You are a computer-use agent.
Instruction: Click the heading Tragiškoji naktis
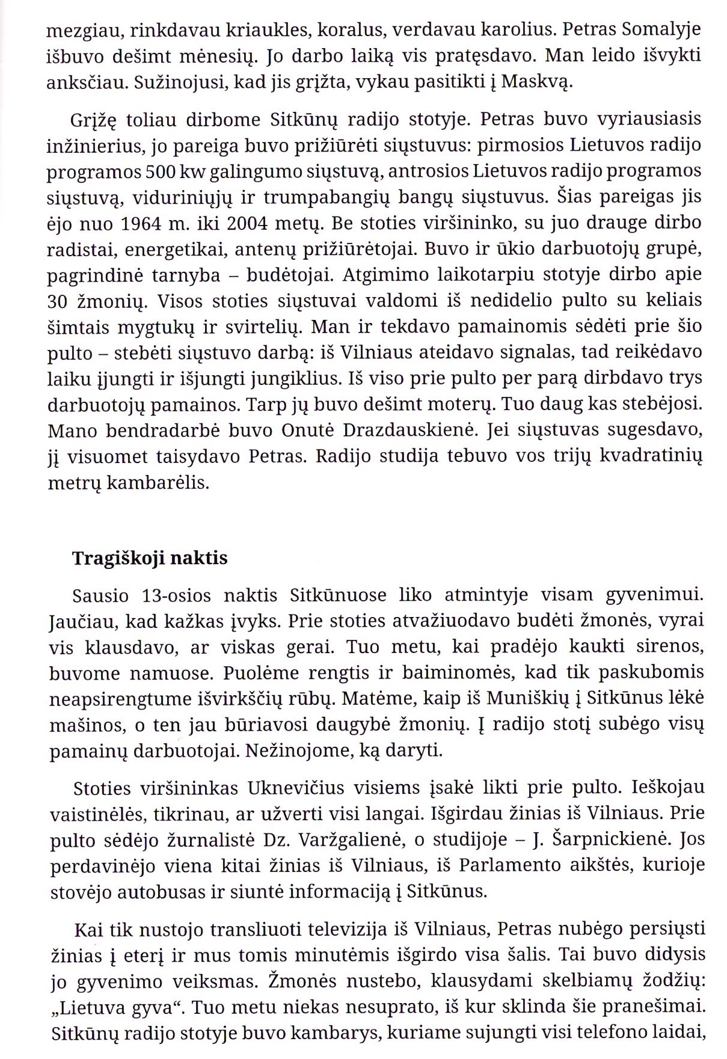150,558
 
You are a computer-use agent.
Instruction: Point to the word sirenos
667,647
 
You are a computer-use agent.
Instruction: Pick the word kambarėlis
158,483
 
